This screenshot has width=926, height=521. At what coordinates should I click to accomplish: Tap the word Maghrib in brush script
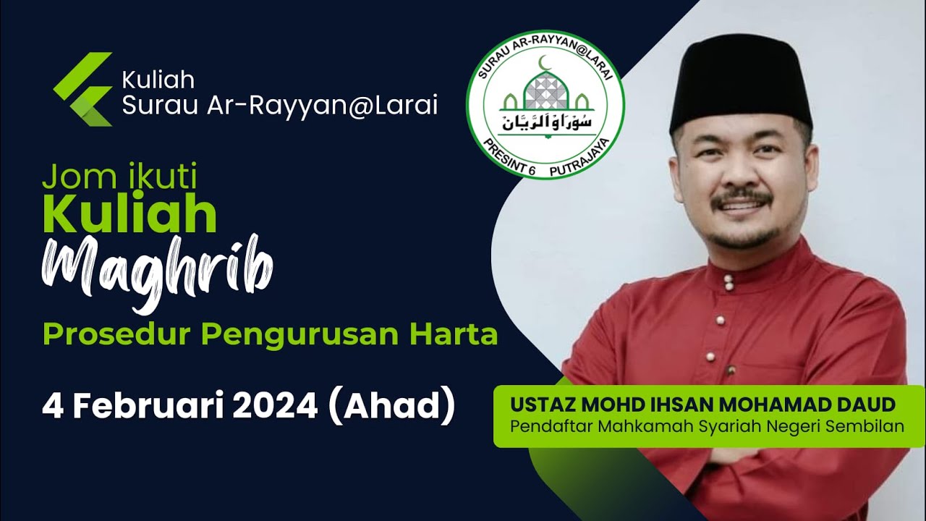(157, 272)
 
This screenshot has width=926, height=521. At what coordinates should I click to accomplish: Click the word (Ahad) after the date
(391, 407)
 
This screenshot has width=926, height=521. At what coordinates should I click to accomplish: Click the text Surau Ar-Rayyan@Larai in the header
(280, 106)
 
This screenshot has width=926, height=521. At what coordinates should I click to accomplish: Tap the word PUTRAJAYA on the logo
(579, 164)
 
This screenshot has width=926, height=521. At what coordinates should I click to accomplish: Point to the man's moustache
(740, 197)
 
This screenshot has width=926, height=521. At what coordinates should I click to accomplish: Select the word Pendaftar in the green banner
(552, 425)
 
